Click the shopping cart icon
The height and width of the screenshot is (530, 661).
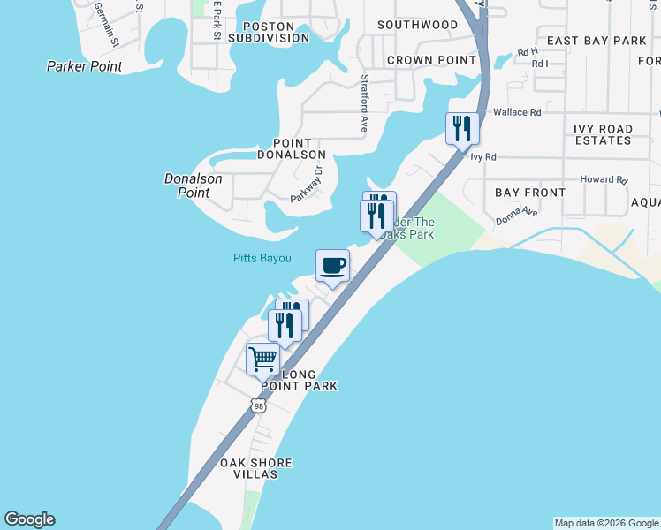(262, 360)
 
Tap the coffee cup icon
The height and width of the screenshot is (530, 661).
(333, 266)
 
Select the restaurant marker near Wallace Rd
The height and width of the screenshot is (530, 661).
(462, 129)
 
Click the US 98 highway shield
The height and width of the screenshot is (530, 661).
(258, 405)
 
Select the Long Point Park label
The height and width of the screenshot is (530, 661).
(286, 380)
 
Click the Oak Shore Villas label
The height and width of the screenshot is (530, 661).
(256, 468)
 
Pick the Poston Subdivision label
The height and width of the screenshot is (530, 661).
(256, 32)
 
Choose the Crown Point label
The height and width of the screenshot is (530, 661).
(420, 60)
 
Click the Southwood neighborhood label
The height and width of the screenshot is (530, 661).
(417, 25)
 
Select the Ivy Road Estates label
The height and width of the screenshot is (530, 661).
(604, 134)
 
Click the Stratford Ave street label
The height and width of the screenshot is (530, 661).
(363, 103)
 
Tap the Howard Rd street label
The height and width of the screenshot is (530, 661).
(604, 179)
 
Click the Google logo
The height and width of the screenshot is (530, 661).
(29, 519)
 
